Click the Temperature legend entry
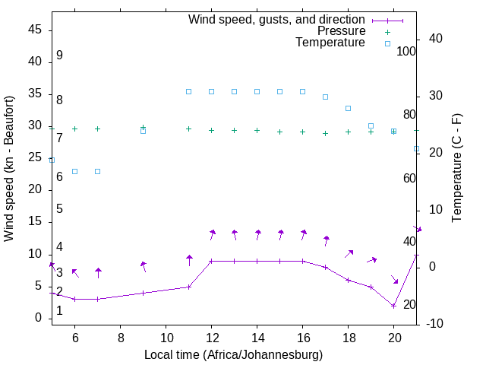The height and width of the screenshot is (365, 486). pos(330,43)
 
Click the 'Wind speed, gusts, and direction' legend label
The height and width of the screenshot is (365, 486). pos(276,19)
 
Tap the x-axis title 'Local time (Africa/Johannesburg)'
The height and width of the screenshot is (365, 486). pos(233,355)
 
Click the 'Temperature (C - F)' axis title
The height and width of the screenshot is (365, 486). pos(456,169)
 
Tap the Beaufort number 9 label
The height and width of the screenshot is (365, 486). pos(59,56)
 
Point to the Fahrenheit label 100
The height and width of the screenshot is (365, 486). pos(406,51)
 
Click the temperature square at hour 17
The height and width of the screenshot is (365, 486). pos(325,97)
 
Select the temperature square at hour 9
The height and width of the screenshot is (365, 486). pos(143,131)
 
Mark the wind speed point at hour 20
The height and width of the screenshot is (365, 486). pos(393,306)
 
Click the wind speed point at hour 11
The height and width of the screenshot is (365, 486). pos(188,287)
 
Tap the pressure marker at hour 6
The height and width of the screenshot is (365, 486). pos(74,129)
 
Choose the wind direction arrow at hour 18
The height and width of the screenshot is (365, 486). pos(349,253)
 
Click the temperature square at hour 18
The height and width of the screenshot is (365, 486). pos(348,108)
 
